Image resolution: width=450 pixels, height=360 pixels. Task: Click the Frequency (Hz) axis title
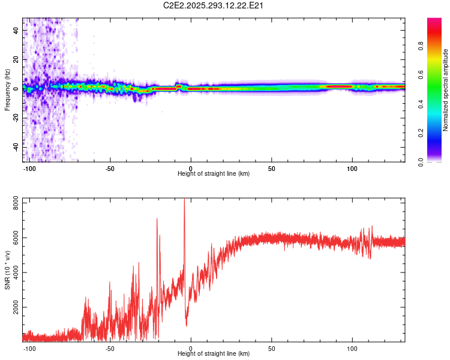[7, 90]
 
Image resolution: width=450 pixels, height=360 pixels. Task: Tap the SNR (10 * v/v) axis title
[7, 270]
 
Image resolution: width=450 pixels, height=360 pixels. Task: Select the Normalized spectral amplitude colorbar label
[446, 90]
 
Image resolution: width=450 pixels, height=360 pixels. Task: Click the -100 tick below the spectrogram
[29, 169]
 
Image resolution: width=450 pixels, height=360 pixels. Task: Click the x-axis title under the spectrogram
[214, 174]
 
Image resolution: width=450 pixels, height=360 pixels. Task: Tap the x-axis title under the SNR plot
[214, 353]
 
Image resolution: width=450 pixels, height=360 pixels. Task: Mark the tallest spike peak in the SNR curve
[184, 200]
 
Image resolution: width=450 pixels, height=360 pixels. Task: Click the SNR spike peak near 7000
[157, 219]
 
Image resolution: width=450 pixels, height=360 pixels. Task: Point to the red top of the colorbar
[435, 21]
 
